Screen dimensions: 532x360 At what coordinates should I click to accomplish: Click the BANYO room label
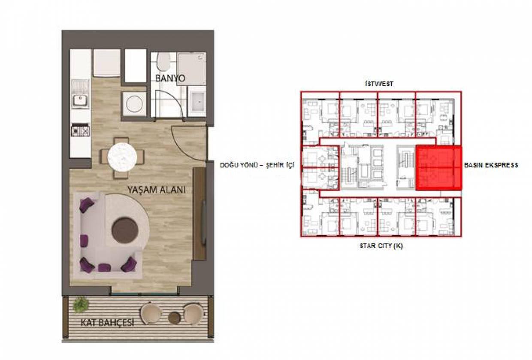[170, 78]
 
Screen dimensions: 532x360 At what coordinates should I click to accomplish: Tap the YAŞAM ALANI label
[157, 190]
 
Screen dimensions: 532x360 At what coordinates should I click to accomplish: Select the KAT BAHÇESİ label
[108, 323]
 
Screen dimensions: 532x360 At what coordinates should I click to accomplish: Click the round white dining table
[122, 157]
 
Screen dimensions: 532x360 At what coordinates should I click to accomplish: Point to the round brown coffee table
[125, 230]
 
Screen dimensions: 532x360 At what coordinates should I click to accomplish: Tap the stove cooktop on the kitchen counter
[81, 130]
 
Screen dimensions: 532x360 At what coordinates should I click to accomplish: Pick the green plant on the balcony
[81, 305]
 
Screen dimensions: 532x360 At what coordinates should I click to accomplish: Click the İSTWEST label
[379, 84]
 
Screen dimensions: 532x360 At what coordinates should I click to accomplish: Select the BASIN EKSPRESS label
[491, 165]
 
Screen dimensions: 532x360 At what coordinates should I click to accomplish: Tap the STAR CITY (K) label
[381, 246]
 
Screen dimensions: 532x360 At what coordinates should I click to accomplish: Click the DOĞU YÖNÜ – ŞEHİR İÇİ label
[257, 165]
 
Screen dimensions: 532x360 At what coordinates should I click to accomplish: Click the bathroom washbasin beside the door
[196, 102]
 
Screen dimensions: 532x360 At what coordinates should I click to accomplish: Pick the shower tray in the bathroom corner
[191, 68]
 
